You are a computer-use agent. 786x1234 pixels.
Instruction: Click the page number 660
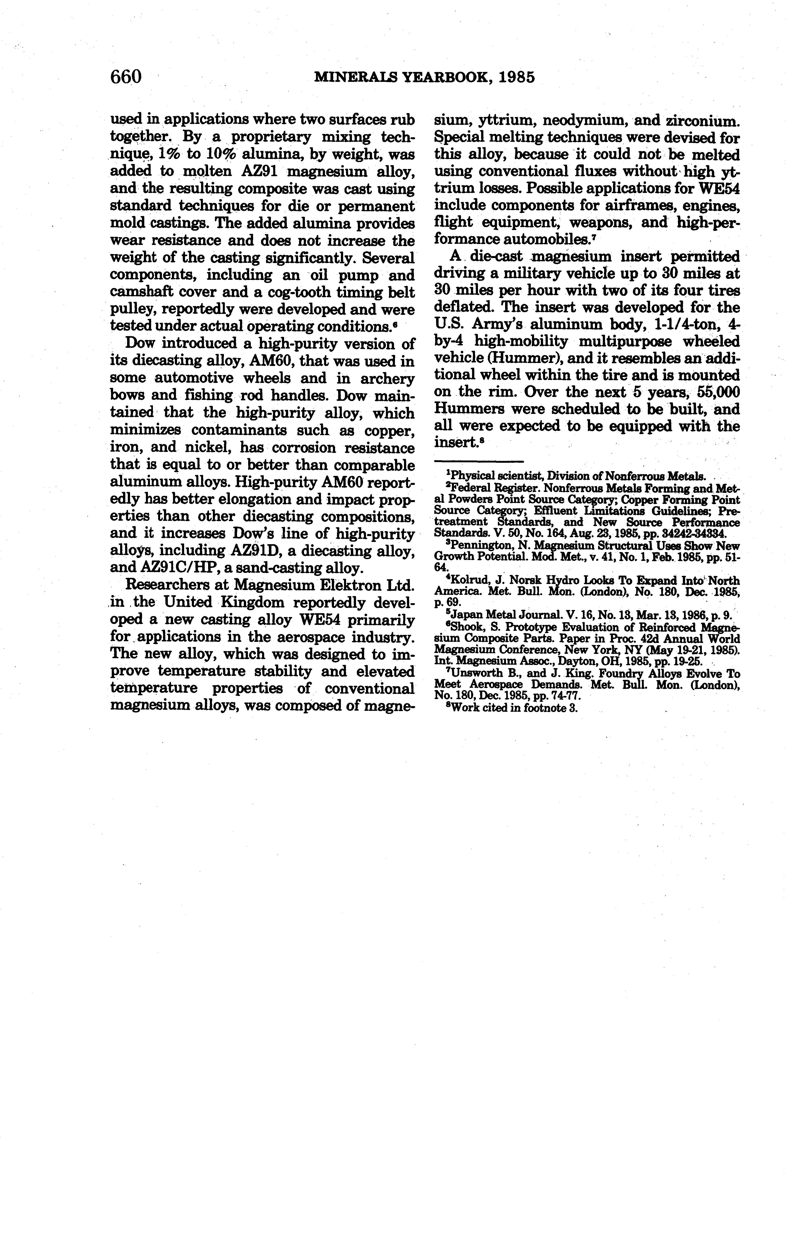click(126, 77)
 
